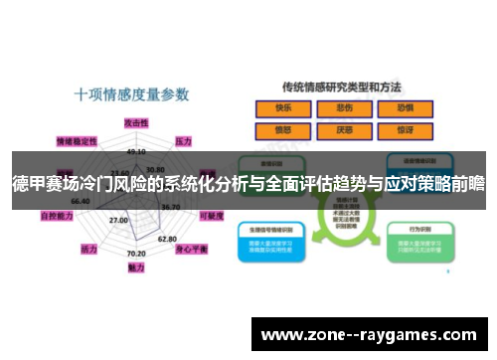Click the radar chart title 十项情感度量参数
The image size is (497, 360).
(132, 95)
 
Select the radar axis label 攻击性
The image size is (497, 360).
(136, 121)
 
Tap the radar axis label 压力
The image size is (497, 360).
(183, 141)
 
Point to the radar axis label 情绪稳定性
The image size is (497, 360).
(77, 141)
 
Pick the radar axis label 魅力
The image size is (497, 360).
(137, 268)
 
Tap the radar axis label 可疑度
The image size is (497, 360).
(211, 215)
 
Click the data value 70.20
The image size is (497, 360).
(136, 255)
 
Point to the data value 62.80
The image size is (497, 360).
(167, 239)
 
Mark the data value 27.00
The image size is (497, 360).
(118, 220)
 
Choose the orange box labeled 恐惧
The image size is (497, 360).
(405, 109)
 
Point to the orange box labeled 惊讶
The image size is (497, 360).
(405, 129)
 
